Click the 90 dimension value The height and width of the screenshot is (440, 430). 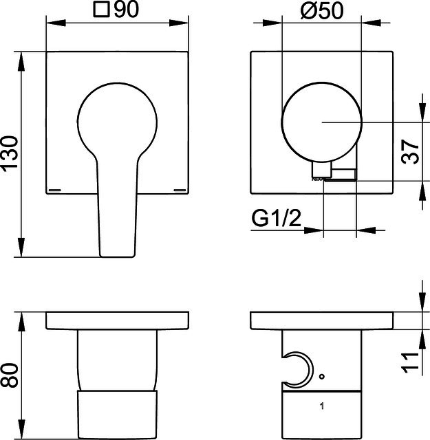[x=127, y=9]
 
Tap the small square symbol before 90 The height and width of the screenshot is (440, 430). [x=101, y=10]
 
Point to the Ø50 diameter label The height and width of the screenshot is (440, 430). [x=322, y=10]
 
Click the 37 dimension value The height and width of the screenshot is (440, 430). [x=410, y=151]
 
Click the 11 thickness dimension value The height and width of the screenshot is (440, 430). [x=410, y=363]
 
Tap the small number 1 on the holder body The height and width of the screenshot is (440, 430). [x=322, y=406]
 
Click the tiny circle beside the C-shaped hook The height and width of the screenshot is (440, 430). [x=322, y=376]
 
